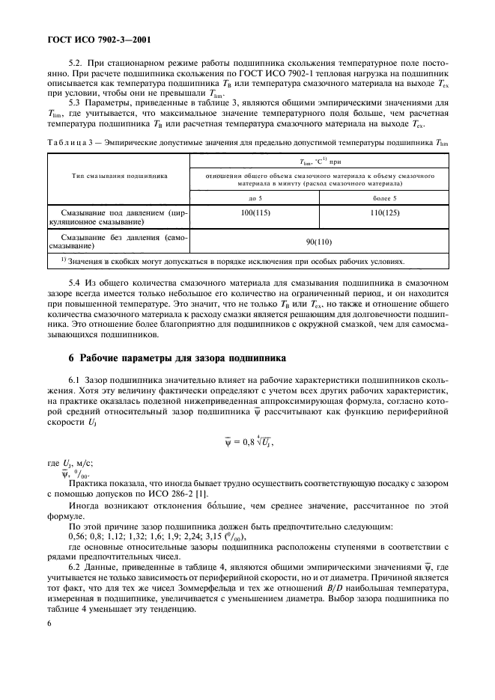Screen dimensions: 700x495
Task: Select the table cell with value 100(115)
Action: pyautogui.click(x=255, y=213)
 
